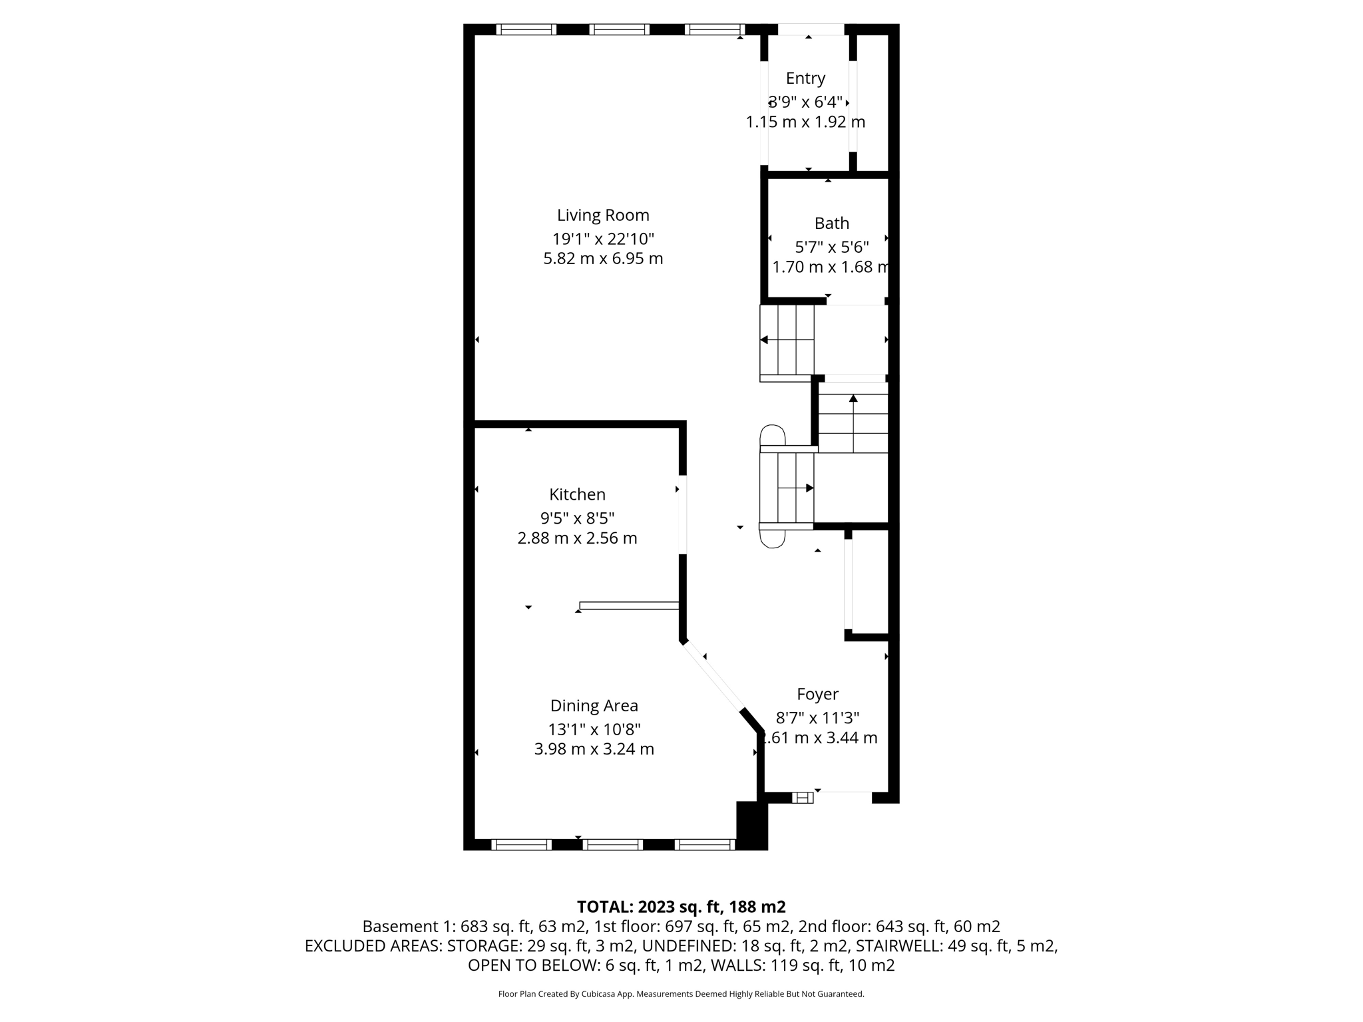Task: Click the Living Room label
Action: point(603,215)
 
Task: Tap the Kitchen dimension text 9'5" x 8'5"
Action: point(577,518)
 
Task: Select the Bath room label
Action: point(831,223)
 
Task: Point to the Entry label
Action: point(805,78)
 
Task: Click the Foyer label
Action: point(817,694)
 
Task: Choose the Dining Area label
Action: point(594,705)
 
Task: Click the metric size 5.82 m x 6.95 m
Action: point(603,258)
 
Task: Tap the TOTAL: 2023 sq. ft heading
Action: point(681,906)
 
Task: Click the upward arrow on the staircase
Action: point(853,399)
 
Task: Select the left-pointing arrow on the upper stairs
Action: point(764,340)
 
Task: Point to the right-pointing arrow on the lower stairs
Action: point(809,488)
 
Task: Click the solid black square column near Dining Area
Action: point(751,825)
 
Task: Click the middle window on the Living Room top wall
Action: point(619,29)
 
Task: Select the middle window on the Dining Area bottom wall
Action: point(612,844)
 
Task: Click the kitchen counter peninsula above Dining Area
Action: point(629,605)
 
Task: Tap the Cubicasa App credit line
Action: point(681,994)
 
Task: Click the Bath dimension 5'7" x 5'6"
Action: point(831,247)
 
